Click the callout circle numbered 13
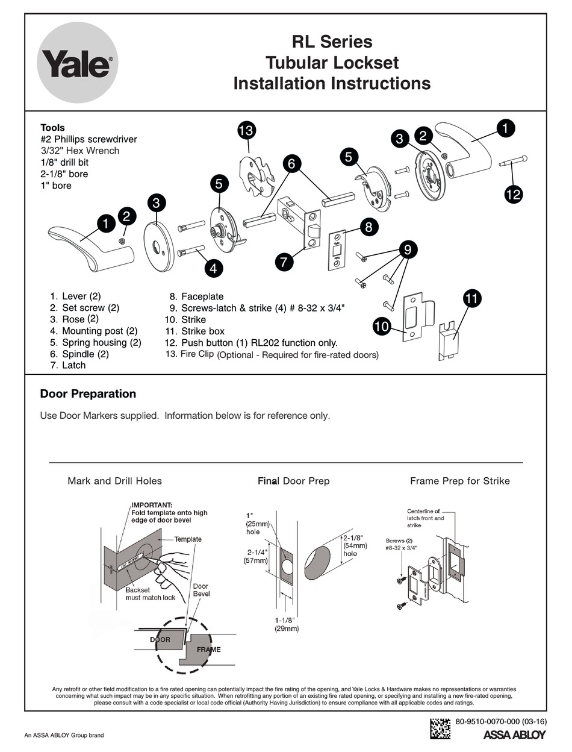(x=246, y=130)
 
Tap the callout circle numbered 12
(x=514, y=193)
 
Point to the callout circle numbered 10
(x=382, y=327)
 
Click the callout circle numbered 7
(x=284, y=262)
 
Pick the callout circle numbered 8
(x=368, y=227)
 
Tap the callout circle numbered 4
(x=213, y=268)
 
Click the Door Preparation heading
(x=88, y=394)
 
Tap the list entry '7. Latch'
(x=68, y=365)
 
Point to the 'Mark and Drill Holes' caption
(x=114, y=481)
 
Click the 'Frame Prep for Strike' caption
(x=459, y=481)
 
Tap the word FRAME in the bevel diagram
(x=208, y=650)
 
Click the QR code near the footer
(x=440, y=728)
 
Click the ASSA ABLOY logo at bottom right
(x=514, y=735)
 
